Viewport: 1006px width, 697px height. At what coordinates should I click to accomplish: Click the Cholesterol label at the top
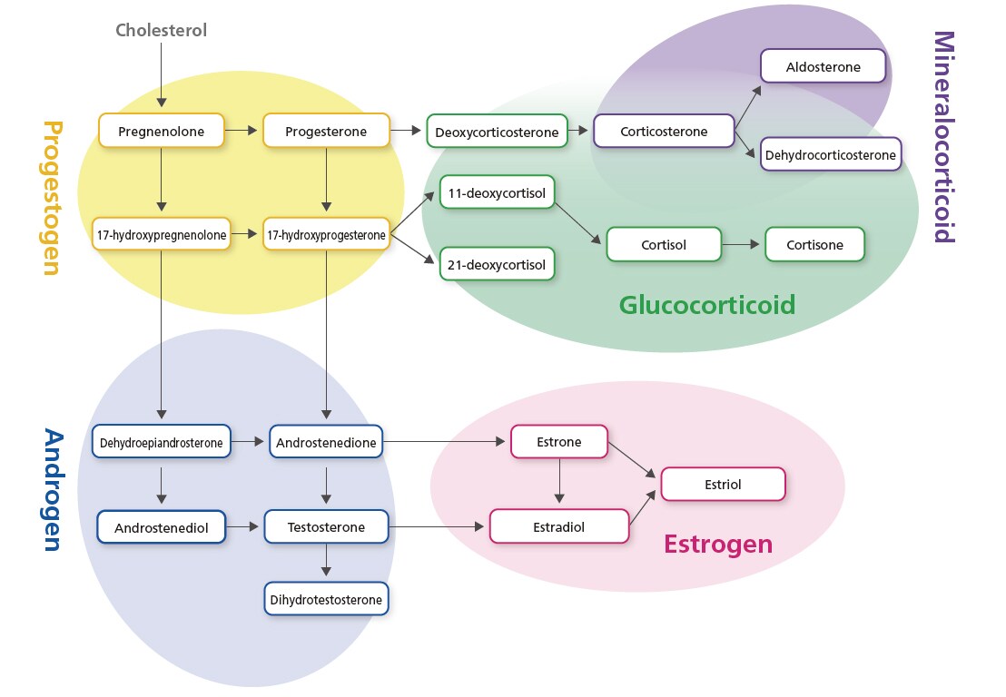coord(161,30)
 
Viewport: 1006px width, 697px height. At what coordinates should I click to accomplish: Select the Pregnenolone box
coord(161,132)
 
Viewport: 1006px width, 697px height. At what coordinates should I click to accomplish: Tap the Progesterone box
coord(326,132)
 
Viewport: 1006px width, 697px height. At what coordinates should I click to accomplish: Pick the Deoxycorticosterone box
coord(497,133)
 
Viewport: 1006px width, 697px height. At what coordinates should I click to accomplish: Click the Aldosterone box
coord(823,67)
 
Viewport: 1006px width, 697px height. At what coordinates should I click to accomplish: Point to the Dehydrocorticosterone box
coord(830,155)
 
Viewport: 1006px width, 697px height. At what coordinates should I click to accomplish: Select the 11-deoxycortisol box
coord(497,192)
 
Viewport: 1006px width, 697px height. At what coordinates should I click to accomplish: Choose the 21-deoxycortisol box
coord(497,265)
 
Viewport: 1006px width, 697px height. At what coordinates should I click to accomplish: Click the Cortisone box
coord(814,245)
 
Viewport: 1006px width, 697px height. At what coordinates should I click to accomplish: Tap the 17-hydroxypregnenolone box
coord(161,235)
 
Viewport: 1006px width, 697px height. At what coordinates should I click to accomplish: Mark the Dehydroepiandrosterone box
coord(162,442)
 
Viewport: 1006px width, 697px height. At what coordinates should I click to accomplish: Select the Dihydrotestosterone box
coord(326,599)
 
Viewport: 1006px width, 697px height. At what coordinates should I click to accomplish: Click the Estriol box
coord(723,485)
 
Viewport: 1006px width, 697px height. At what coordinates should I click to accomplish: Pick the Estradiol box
coord(559,526)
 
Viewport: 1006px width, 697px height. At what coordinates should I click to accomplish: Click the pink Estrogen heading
coord(718,545)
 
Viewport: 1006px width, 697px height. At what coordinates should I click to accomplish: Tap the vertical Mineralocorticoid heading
coord(944,137)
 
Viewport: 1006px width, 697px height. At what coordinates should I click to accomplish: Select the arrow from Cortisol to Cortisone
coord(743,245)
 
